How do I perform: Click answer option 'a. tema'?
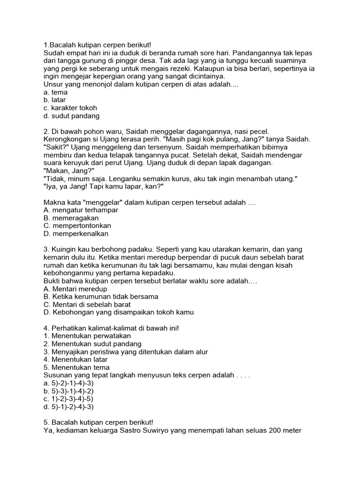[55, 92]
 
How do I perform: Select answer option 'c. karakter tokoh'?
[70, 108]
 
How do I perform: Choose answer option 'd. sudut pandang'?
[71, 116]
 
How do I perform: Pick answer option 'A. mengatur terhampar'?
[81, 210]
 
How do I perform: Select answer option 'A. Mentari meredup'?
[75, 289]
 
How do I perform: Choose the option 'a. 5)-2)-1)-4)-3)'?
[68, 383]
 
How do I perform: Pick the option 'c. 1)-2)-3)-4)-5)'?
[68, 399]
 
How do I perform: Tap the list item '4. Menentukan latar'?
[75, 360]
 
